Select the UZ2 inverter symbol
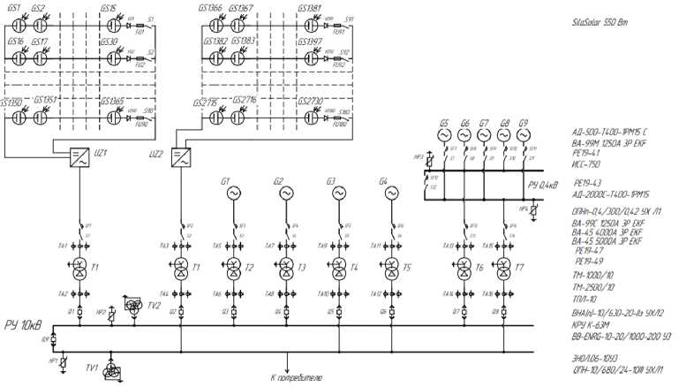tap(182, 157)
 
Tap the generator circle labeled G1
tap(233, 193)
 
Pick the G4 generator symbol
tap(390, 193)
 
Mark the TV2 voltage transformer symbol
tap(135, 306)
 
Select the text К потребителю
tap(298, 378)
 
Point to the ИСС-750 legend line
tap(586, 164)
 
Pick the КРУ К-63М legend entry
tap(592, 326)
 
